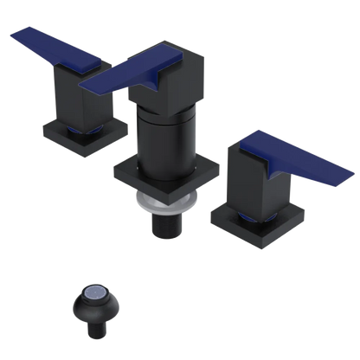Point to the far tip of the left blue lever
coord(12,33)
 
